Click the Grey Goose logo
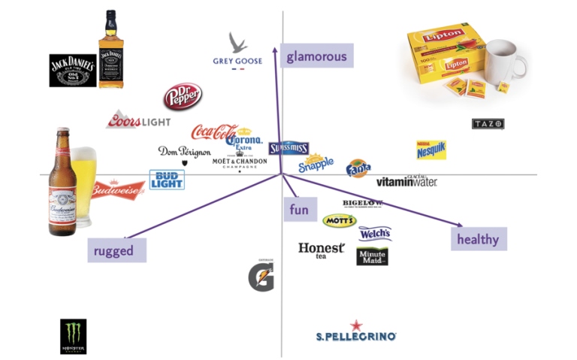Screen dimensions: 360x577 pyautogui.click(x=238, y=51)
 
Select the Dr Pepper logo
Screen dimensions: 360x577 pyautogui.click(x=183, y=97)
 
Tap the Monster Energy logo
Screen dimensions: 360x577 pyautogui.click(x=73, y=337)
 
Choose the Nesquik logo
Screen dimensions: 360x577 pyautogui.click(x=431, y=150)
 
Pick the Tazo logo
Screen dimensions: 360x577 pyautogui.click(x=488, y=123)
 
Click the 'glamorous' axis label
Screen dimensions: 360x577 pyautogui.click(x=316, y=56)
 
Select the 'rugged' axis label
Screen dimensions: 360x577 pyautogui.click(x=116, y=251)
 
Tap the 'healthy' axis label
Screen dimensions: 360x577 pyautogui.click(x=478, y=239)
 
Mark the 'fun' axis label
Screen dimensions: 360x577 pyautogui.click(x=299, y=210)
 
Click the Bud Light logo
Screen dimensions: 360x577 pyautogui.click(x=166, y=179)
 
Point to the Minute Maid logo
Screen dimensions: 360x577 pyautogui.click(x=372, y=256)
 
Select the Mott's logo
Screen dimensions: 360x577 pyautogui.click(x=339, y=220)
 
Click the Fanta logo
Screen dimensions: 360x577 pyautogui.click(x=358, y=168)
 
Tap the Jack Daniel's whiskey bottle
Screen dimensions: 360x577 pyautogui.click(x=110, y=50)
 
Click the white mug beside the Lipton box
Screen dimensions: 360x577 pyautogui.click(x=505, y=60)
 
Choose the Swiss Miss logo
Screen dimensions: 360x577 pyautogui.click(x=288, y=148)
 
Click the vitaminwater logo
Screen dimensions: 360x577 pyautogui.click(x=406, y=180)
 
